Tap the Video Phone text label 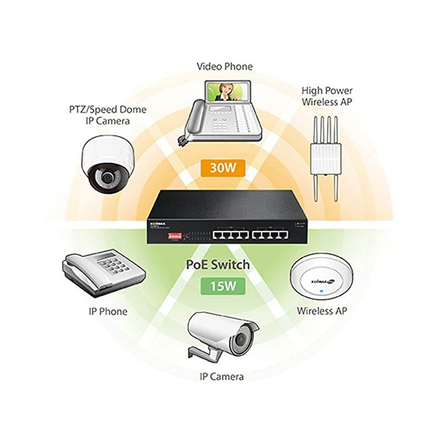224,66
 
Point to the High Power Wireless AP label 327,96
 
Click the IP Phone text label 108,311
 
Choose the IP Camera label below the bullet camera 221,376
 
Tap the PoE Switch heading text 218,264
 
